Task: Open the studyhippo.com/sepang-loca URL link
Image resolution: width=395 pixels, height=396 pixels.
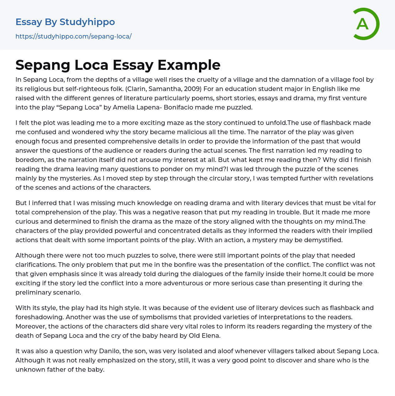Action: (73, 36)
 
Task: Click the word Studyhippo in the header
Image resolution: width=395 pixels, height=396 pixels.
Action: (87, 22)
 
